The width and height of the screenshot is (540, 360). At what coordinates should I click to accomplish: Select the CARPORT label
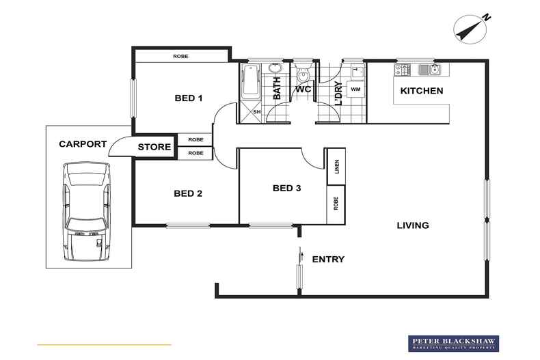tap(83, 144)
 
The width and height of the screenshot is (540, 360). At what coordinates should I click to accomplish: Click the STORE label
tap(154, 147)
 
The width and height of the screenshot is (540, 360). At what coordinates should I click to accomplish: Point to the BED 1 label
tap(189, 98)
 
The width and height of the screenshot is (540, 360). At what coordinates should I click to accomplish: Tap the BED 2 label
tap(188, 193)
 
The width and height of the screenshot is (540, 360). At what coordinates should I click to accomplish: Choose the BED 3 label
tap(286, 188)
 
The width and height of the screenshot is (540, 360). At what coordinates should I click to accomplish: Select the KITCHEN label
tap(421, 91)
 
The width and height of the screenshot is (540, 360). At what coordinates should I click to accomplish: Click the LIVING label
tap(414, 225)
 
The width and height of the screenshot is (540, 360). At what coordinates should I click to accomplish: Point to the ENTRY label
tap(328, 260)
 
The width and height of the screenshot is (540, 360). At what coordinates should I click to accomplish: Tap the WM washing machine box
tap(355, 89)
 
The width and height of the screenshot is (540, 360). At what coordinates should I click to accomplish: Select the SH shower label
tap(257, 112)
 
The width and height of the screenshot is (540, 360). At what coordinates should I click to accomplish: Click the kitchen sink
tap(428, 69)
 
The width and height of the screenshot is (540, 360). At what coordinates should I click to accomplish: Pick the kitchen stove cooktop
tap(402, 69)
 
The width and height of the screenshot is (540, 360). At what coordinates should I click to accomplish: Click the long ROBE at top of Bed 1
tap(181, 56)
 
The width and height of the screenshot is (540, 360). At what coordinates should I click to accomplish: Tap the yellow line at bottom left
tap(104, 344)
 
